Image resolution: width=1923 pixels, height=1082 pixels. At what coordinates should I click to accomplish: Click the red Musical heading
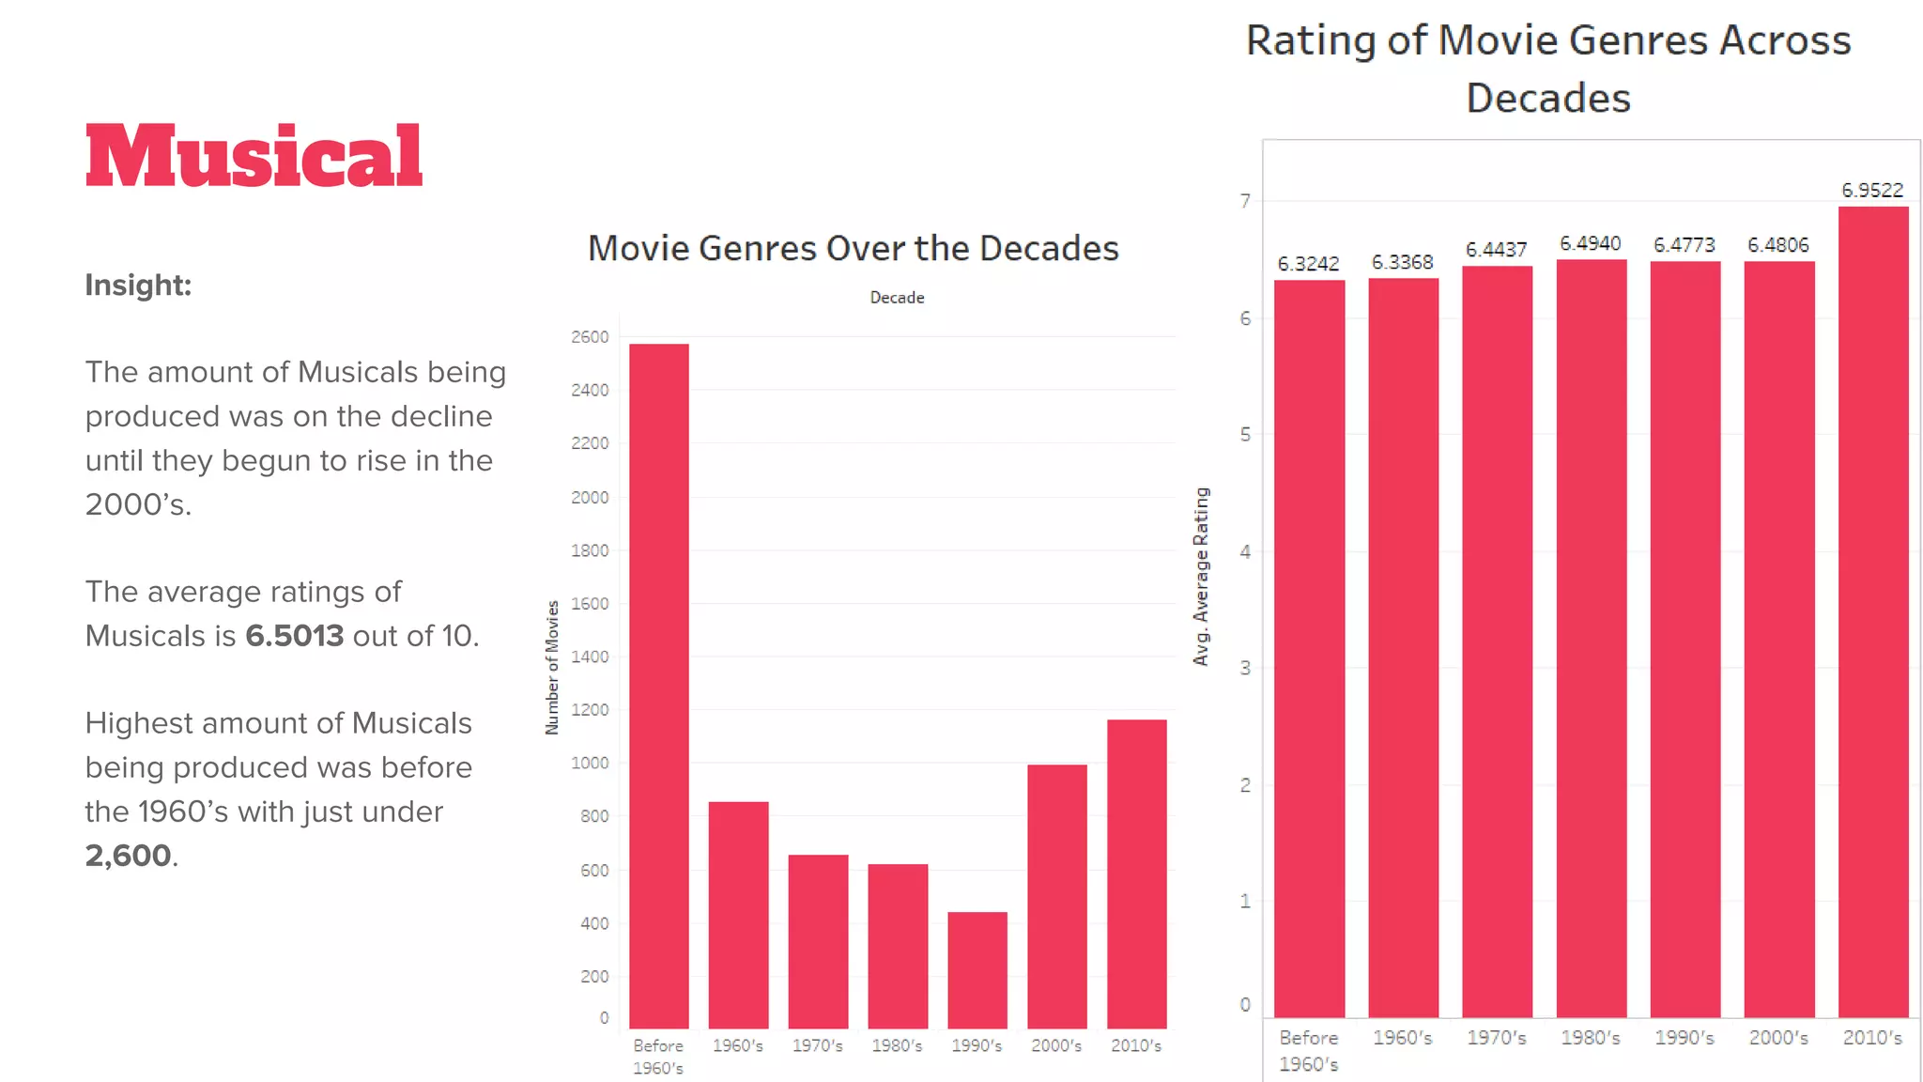click(254, 156)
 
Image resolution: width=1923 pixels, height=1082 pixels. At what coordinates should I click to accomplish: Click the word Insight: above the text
click(138, 285)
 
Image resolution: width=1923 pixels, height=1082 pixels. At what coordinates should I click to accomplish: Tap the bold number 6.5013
click(294, 636)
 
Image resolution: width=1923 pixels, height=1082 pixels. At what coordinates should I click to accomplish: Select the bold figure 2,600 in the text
click(129, 856)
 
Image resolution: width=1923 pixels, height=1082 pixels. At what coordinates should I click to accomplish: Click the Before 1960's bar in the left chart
click(658, 686)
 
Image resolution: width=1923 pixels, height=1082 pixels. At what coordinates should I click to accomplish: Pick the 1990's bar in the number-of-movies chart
click(977, 969)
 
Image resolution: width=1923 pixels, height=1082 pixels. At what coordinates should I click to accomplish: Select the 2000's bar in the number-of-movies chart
click(1056, 896)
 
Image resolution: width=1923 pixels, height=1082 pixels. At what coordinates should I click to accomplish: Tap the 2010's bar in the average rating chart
click(1872, 611)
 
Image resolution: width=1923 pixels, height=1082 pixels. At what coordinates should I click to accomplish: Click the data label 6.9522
click(1871, 190)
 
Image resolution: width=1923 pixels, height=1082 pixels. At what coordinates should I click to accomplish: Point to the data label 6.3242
click(1308, 264)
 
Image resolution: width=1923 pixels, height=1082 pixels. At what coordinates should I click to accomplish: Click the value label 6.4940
click(1590, 243)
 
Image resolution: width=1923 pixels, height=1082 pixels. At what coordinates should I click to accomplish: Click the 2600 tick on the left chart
click(590, 336)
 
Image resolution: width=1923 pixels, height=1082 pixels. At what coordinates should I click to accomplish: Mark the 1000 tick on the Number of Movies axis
click(590, 763)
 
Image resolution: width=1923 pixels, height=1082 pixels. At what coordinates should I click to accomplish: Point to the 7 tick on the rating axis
click(1245, 200)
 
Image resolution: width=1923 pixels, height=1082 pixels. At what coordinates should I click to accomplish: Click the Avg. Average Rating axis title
click(1201, 577)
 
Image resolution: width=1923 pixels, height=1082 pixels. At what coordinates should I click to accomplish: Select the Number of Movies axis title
click(552, 667)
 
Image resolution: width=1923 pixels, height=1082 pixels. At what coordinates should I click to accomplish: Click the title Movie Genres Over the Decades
click(853, 248)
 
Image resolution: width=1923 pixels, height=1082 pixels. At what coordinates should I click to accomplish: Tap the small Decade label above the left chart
click(897, 298)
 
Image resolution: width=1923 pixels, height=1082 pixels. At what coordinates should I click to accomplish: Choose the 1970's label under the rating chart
click(1496, 1038)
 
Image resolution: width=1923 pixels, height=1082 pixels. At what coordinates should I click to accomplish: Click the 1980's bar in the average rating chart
click(1591, 639)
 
